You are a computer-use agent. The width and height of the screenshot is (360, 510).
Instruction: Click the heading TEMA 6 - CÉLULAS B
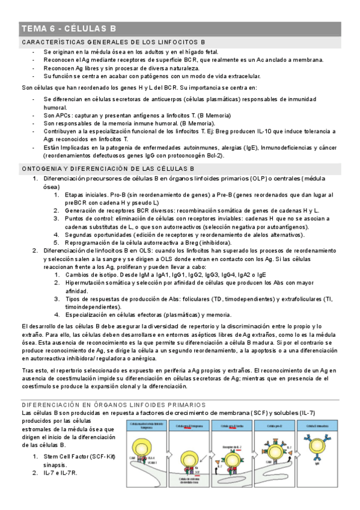click(69, 29)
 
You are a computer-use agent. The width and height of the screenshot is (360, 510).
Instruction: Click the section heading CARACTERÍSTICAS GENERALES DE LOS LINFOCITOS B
click(114, 42)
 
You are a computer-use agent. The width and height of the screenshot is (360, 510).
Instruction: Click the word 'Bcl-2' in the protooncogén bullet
click(211, 156)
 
